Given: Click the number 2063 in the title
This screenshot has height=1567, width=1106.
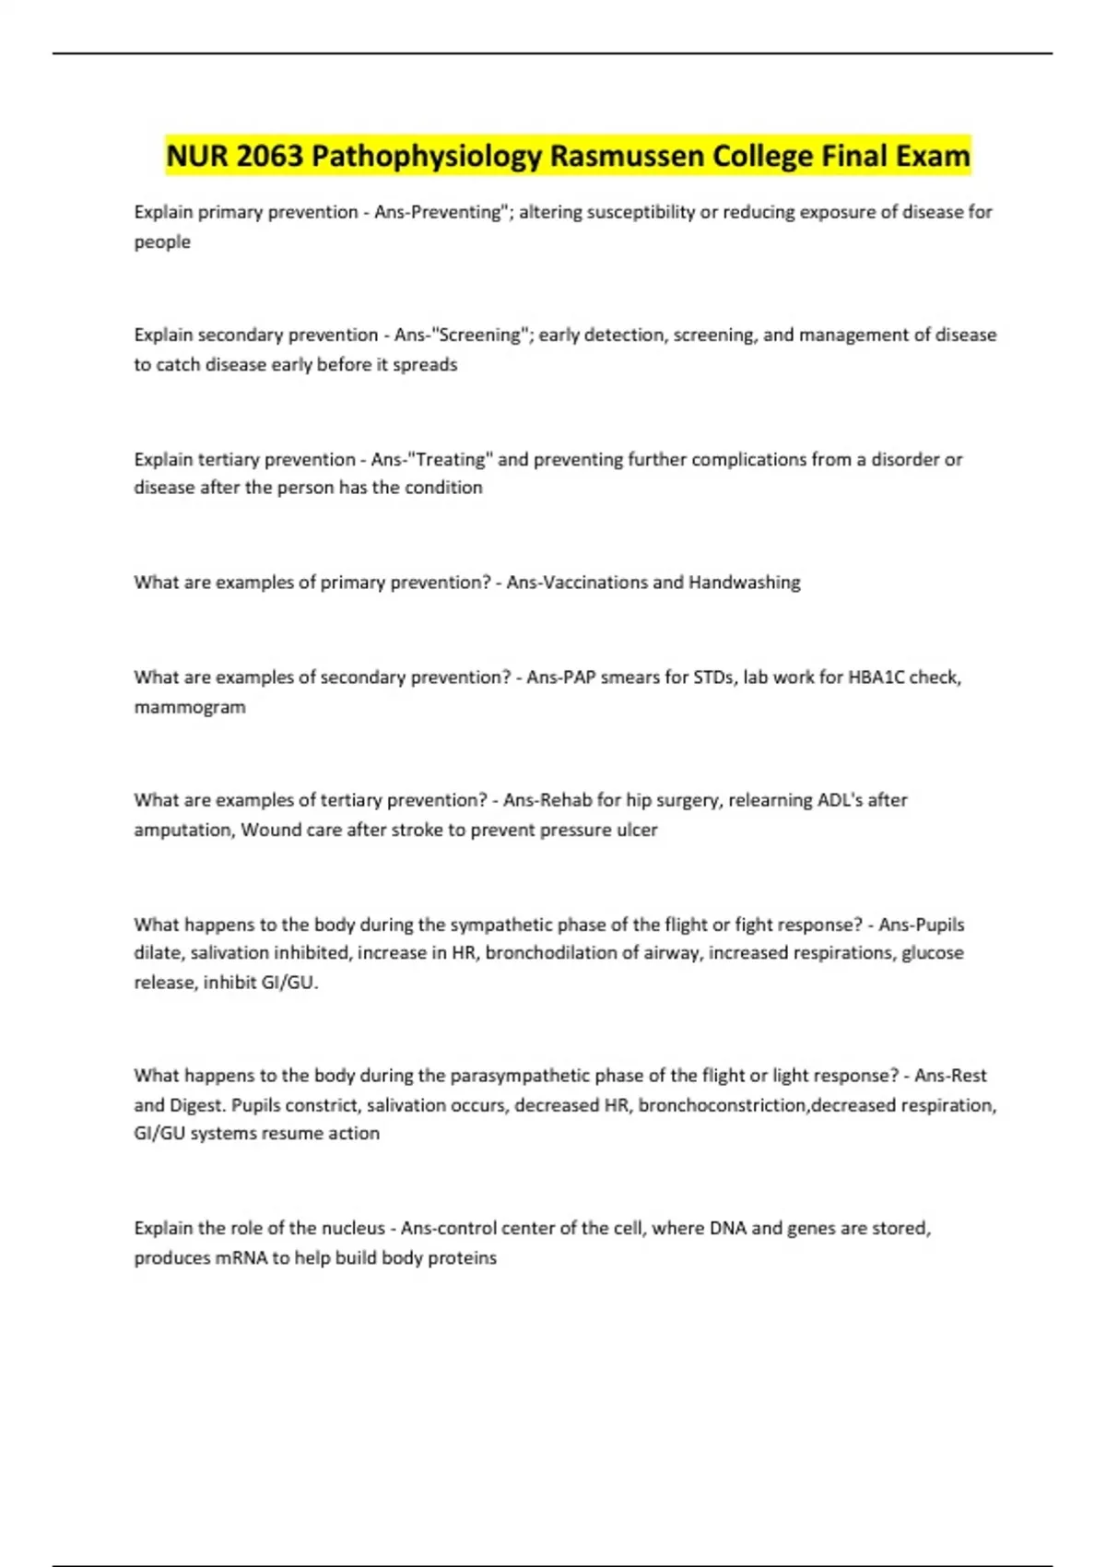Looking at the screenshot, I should click(269, 156).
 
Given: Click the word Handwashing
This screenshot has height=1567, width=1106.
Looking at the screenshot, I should click(744, 583).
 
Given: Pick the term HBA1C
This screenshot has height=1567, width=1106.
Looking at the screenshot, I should click(876, 677).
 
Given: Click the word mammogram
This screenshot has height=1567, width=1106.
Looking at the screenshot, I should click(190, 708).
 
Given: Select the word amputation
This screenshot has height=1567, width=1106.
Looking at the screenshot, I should click(183, 830).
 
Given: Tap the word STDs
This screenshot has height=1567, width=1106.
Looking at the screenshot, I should click(713, 677).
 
